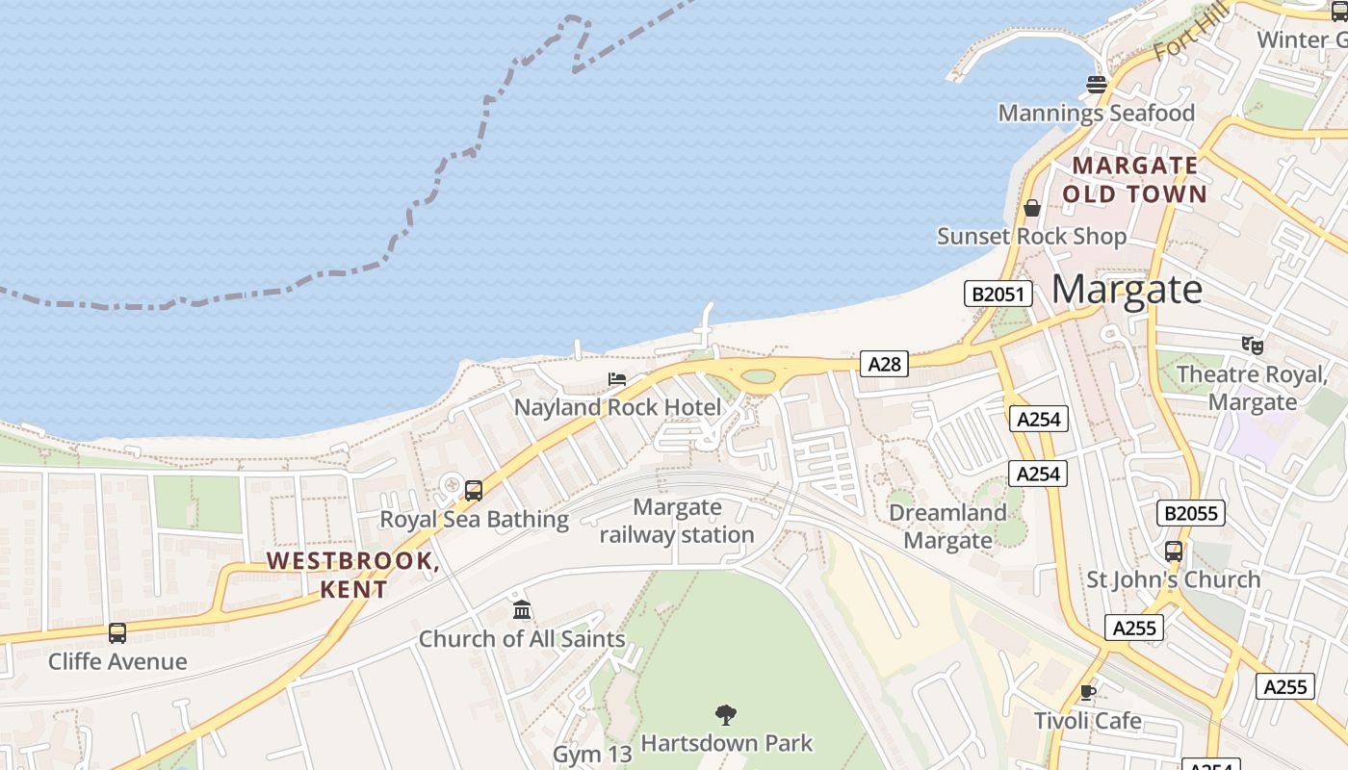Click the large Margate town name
click(x=1127, y=289)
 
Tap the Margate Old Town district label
click(x=1134, y=180)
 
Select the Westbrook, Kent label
click(x=353, y=575)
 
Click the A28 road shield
click(x=884, y=364)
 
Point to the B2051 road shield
click(x=998, y=294)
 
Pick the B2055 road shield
click(x=1191, y=513)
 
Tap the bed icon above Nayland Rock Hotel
click(x=617, y=379)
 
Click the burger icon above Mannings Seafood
click(x=1096, y=85)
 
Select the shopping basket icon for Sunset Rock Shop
click(x=1032, y=208)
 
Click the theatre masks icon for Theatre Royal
click(x=1252, y=344)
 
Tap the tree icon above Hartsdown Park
click(x=726, y=714)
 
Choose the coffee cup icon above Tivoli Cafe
click(x=1088, y=692)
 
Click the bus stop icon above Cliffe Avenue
click(x=117, y=633)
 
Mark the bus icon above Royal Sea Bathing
click(x=474, y=490)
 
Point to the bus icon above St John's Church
click(x=1173, y=552)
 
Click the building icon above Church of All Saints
click(x=522, y=609)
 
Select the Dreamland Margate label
click(x=947, y=526)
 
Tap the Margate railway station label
click(x=677, y=521)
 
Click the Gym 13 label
click(x=591, y=754)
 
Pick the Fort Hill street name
click(x=1191, y=31)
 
